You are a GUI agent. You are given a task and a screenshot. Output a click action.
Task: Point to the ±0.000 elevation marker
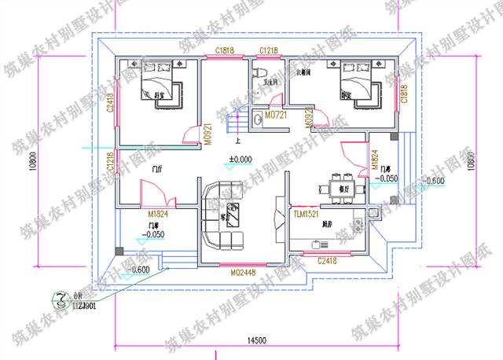tap(240, 159)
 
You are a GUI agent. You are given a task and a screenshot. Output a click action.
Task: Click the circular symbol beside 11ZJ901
tap(59, 297)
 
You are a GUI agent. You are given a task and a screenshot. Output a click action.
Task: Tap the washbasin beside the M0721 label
tap(259, 119)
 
